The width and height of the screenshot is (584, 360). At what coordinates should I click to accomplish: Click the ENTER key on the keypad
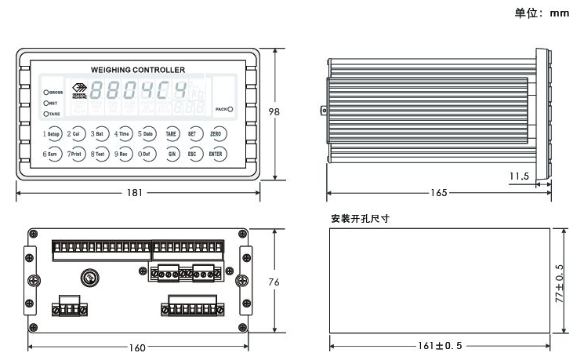point(216,154)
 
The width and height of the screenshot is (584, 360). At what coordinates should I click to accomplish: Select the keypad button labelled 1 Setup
point(53,134)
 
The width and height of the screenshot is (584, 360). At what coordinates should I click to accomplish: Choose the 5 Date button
point(147,134)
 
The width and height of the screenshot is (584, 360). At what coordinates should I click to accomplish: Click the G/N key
point(171,154)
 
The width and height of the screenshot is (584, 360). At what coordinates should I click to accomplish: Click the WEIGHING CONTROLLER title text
point(139,70)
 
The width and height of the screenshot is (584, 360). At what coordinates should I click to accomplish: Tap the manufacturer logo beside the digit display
point(79,90)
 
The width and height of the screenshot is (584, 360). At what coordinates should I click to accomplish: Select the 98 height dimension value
point(274,112)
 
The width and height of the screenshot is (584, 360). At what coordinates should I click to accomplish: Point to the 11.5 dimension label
point(519,176)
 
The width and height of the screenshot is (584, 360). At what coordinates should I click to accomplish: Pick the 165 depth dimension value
point(440,193)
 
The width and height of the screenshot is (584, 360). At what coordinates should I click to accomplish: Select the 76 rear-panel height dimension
point(274,282)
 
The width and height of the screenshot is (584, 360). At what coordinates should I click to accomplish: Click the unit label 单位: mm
point(541,13)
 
